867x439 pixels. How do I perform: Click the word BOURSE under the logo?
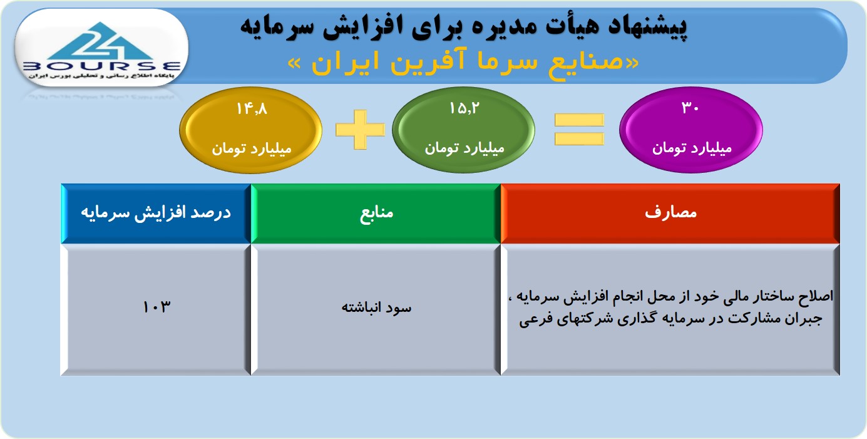[102, 66]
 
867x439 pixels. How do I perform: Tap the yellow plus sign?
[360, 129]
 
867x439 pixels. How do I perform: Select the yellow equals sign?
[579, 129]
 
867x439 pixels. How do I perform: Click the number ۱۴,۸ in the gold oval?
[252, 109]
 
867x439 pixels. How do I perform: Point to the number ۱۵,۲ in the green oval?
[464, 108]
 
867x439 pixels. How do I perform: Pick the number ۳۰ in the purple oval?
[690, 107]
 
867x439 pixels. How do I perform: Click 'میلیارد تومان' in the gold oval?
[251, 148]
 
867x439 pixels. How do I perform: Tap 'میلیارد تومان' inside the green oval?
[464, 148]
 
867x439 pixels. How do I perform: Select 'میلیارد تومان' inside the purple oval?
[692, 148]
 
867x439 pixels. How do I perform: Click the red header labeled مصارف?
[670, 214]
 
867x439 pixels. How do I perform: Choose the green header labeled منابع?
[376, 214]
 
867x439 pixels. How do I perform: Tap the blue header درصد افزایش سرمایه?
[156, 214]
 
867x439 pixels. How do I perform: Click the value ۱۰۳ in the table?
[156, 307]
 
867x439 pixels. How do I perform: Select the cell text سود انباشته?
[376, 307]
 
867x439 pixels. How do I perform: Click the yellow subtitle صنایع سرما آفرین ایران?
[463, 63]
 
